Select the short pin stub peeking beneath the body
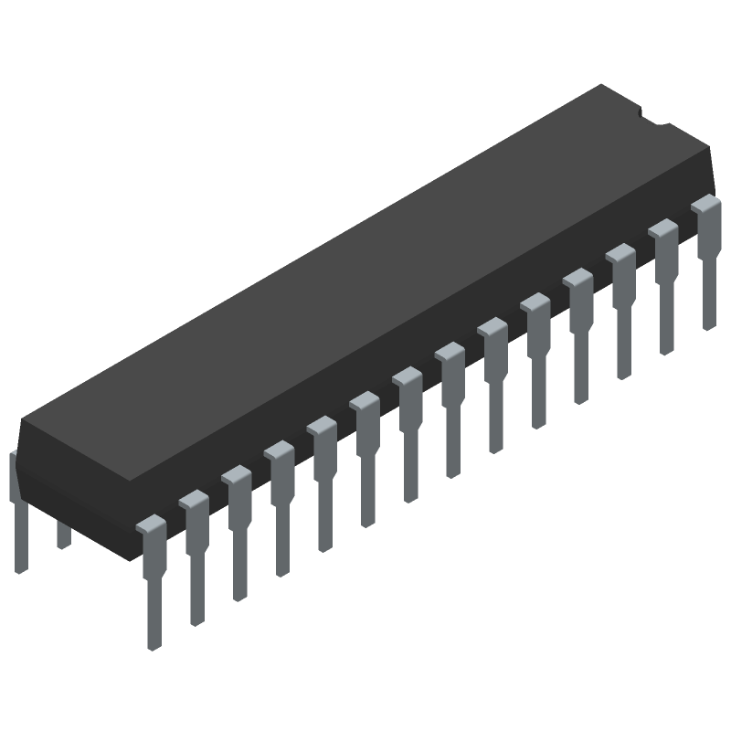[x=63, y=535]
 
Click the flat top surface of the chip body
[x=365, y=265]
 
